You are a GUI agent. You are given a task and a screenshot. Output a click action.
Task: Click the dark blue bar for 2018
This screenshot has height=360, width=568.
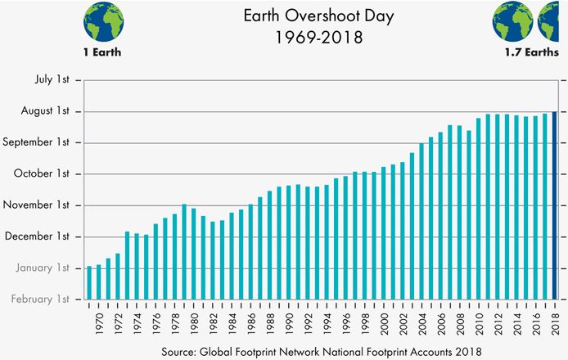tap(554, 205)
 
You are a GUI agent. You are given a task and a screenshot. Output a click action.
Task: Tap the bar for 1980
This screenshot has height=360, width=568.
tap(193, 253)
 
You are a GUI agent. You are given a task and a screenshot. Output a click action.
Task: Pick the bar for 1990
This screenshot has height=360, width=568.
tap(288, 242)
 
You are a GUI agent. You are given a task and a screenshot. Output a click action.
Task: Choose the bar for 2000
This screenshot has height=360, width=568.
tap(383, 232)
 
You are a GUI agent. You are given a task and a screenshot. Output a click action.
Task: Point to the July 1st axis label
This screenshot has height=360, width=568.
tap(52, 80)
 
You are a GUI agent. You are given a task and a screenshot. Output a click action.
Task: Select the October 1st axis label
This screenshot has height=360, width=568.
tap(46, 173)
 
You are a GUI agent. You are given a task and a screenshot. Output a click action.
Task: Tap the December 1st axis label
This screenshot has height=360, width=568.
tap(42, 236)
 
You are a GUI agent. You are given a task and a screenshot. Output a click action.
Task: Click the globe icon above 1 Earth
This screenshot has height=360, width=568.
tap(104, 21)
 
